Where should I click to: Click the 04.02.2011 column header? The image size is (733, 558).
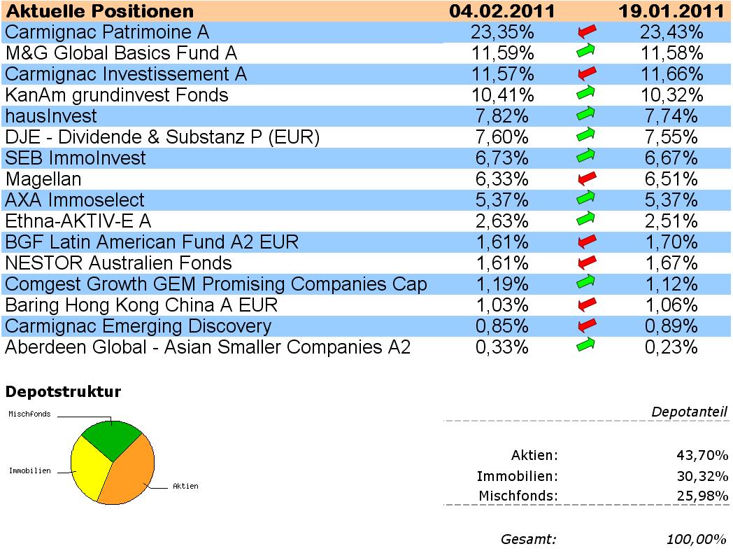pyautogui.click(x=502, y=11)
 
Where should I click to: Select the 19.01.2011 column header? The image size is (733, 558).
pyautogui.click(x=671, y=11)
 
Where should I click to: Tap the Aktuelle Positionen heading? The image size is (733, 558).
pyautogui.click(x=99, y=11)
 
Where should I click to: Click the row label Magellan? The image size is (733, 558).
pyautogui.click(x=43, y=179)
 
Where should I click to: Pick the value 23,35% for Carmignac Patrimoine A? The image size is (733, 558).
pyautogui.click(x=502, y=32)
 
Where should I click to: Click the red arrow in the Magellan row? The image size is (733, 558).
pyautogui.click(x=586, y=179)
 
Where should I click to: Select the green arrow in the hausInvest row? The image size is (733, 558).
pyautogui.click(x=586, y=115)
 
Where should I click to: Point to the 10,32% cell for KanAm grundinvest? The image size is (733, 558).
pyautogui.click(x=669, y=95)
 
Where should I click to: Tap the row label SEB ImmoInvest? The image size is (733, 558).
pyautogui.click(x=76, y=158)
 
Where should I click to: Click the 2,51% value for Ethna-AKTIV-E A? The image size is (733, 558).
pyautogui.click(x=669, y=221)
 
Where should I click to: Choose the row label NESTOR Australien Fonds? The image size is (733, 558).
pyautogui.click(x=118, y=263)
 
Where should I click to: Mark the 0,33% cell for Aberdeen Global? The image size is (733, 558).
pyautogui.click(x=502, y=347)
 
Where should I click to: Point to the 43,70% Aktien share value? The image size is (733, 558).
pyautogui.click(x=700, y=456)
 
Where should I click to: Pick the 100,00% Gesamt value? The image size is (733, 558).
pyautogui.click(x=697, y=539)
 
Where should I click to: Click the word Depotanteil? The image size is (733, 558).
pyautogui.click(x=689, y=412)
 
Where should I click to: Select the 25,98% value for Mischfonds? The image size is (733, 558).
pyautogui.click(x=700, y=496)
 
